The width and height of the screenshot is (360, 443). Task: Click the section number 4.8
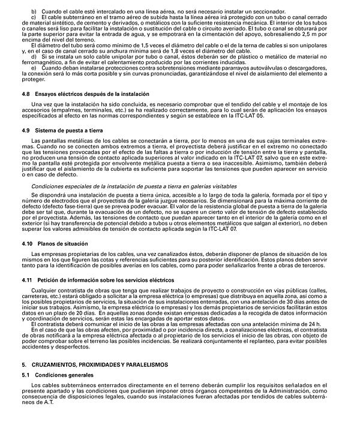[25, 95]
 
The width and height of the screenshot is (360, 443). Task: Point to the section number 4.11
[26, 280]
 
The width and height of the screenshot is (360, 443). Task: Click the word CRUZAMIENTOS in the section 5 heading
[59, 364]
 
